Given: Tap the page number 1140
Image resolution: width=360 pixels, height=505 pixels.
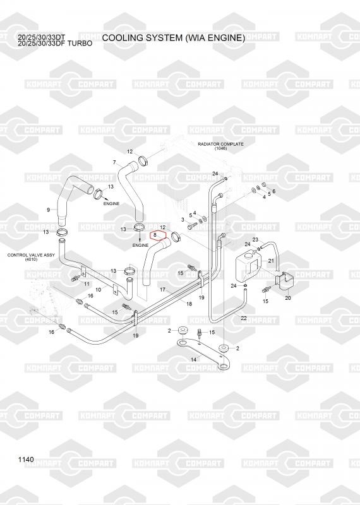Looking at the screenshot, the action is click(26, 460).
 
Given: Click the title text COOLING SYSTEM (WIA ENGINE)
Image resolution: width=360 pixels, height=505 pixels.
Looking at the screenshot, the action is click(174, 38).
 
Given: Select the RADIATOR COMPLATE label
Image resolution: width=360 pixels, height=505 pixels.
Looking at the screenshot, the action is click(220, 144).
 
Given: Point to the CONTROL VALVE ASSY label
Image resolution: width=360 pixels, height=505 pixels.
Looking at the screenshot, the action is click(31, 255).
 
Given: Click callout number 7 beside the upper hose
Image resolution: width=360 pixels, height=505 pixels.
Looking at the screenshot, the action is click(114, 162).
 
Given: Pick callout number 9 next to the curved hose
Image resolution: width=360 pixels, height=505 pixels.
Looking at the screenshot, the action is click(49, 210).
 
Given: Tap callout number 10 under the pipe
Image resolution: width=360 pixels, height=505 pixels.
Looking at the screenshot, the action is click(99, 290).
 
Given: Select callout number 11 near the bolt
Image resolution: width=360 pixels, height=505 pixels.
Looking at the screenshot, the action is click(87, 283).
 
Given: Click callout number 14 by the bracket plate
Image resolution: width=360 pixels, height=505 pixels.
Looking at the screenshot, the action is click(193, 359).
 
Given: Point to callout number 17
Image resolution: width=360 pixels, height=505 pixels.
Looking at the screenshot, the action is click(162, 290).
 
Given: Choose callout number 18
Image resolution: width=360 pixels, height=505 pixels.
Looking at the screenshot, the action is click(189, 304).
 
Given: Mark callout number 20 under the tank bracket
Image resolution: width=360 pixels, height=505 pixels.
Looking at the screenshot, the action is click(288, 298).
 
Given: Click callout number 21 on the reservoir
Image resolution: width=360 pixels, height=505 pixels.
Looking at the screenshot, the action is click(271, 261).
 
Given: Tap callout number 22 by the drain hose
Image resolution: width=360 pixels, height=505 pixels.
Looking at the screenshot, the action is click(244, 318).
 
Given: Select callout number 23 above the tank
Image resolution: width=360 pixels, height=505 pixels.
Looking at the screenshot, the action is click(255, 240).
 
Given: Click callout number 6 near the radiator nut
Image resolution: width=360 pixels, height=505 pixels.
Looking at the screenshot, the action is click(273, 191).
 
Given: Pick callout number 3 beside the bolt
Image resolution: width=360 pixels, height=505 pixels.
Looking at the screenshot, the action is click(183, 220).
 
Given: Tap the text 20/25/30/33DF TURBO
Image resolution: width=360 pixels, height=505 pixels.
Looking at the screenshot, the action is click(55, 43).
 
